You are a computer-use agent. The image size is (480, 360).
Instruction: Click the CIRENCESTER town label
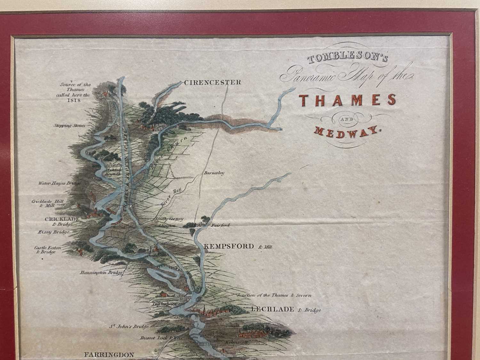click(212, 83)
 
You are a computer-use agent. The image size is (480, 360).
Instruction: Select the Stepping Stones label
click(69, 126)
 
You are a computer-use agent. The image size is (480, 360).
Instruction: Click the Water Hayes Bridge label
click(59, 183)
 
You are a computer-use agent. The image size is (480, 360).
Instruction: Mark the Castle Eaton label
click(48, 248)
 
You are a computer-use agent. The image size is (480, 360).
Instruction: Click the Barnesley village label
click(214, 173)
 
